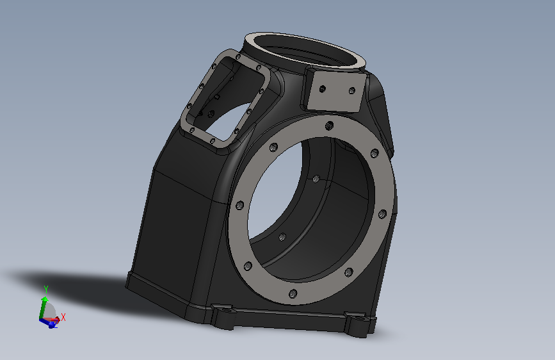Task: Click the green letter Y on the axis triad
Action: point(45,290)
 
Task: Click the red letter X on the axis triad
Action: point(63,317)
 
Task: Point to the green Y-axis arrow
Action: point(42,307)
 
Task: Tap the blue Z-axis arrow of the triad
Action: point(49,323)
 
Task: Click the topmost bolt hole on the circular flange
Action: point(329,126)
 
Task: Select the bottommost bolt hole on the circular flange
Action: point(293,293)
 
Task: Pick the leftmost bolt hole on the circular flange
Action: point(240,205)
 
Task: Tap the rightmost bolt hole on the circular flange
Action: point(382,214)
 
